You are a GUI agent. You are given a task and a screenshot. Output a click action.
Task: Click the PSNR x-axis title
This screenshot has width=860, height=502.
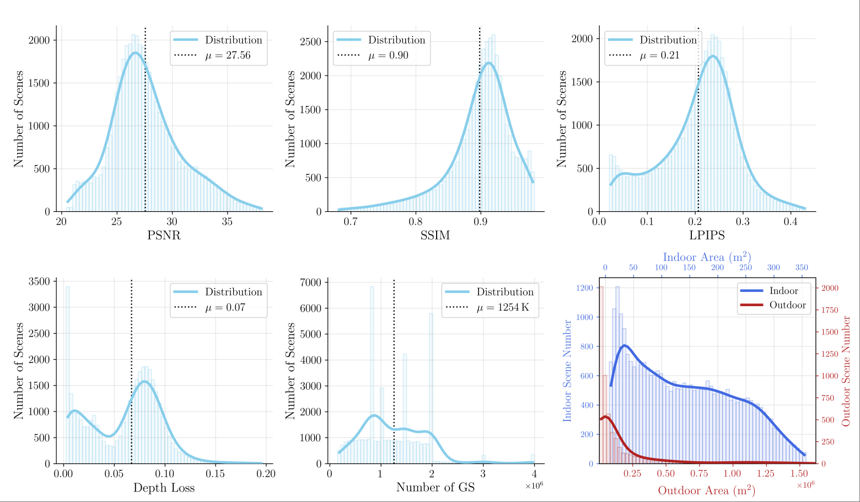tap(164, 236)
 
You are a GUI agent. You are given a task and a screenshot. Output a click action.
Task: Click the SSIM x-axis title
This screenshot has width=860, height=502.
tap(435, 236)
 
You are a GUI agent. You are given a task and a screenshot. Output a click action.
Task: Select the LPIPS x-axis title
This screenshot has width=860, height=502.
tap(707, 236)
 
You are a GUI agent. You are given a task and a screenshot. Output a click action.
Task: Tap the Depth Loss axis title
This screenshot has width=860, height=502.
tap(164, 488)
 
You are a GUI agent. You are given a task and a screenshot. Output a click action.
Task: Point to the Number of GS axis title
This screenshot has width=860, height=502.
tap(435, 488)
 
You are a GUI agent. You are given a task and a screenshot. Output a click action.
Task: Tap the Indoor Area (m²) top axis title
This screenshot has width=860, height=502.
tap(707, 257)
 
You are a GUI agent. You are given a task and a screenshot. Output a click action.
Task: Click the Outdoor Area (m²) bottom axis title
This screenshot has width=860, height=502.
tap(706, 490)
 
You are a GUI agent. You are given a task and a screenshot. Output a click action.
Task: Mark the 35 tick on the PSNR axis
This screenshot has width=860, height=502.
tap(227, 222)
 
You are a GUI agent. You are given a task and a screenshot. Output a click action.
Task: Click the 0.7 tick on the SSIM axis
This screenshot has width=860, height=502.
tap(351, 222)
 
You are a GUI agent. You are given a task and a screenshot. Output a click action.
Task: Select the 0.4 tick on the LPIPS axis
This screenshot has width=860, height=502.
tap(791, 222)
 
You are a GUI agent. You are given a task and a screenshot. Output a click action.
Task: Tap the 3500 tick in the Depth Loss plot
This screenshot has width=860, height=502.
tap(39, 281)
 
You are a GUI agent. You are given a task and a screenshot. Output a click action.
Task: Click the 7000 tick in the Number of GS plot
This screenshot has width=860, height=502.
tap(310, 282)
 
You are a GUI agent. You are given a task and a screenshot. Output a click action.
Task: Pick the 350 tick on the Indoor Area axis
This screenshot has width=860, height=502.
tap(802, 268)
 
